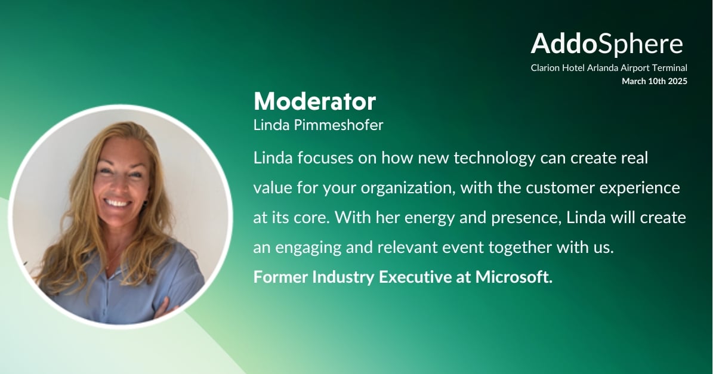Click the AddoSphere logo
607,44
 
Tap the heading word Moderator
314,101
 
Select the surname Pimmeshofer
338,125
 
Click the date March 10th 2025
655,81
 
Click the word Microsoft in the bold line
514,277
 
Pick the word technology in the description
495,158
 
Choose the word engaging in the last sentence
308,248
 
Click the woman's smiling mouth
117,203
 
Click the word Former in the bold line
280,277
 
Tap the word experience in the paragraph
640,188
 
